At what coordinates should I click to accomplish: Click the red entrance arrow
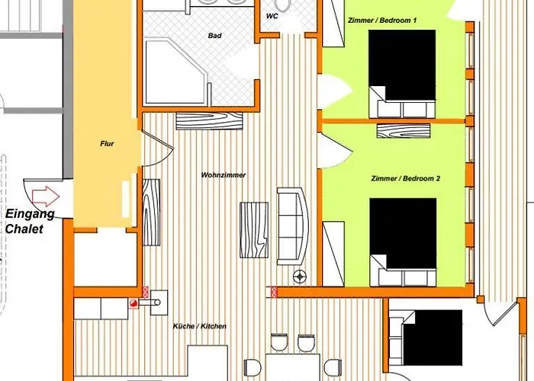47,195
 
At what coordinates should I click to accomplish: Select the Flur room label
106,143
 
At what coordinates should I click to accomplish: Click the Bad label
214,36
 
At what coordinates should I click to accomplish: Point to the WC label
272,16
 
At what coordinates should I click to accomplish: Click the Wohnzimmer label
224,174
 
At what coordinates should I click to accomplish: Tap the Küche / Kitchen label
200,326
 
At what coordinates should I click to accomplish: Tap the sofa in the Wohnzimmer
291,226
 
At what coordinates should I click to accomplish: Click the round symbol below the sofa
301,275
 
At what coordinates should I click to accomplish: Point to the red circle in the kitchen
134,303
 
